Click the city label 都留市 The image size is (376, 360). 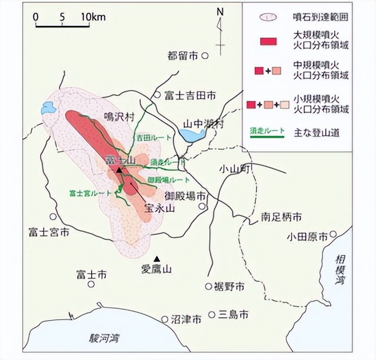coord(183,56)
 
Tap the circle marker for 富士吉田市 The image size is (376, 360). coord(157,95)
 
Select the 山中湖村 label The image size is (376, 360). coord(203,124)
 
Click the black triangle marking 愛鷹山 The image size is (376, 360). coord(156,258)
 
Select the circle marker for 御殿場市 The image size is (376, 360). coord(202,206)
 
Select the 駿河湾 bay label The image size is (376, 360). coord(105,337)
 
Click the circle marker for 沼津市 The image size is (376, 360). coord(165,319)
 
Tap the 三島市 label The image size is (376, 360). coord(235,314)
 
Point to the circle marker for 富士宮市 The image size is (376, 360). coord(53,217)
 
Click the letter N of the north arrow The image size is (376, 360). coord(221,12)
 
